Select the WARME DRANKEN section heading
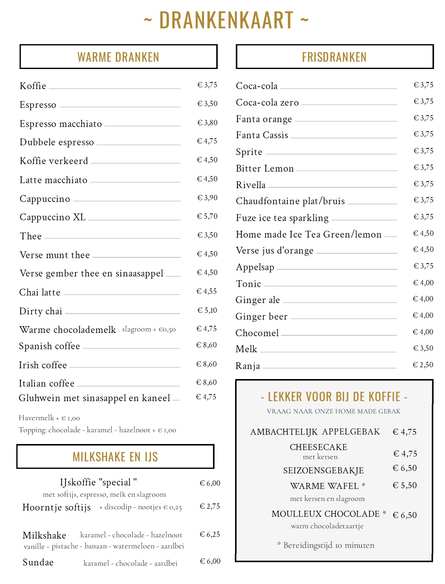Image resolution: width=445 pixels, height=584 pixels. pos(118,57)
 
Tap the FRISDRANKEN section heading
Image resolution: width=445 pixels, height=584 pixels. pos(334,57)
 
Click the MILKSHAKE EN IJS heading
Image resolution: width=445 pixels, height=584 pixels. pos(115,457)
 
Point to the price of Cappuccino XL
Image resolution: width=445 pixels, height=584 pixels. pos(207,216)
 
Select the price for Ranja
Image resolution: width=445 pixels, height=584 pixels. pos(423,365)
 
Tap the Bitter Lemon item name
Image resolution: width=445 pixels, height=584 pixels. pos(265,168)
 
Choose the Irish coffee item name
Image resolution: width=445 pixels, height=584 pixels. pos(43,365)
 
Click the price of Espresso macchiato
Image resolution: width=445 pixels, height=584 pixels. pos(207,123)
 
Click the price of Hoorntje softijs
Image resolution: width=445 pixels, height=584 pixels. pos(210,506)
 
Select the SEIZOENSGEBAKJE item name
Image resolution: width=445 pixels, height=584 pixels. pos(323,471)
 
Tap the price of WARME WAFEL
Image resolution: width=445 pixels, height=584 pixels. pos(404,485)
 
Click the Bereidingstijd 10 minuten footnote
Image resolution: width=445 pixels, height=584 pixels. pos(326,545)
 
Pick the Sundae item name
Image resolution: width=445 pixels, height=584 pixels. pos(38,562)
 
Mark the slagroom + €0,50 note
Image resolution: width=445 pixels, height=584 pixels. pos(149,329)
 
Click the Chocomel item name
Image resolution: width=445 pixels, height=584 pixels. pos(257,333)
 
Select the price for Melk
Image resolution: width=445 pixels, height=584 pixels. pos(423,348)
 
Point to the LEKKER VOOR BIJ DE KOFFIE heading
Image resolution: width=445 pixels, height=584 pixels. pos(334,397)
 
